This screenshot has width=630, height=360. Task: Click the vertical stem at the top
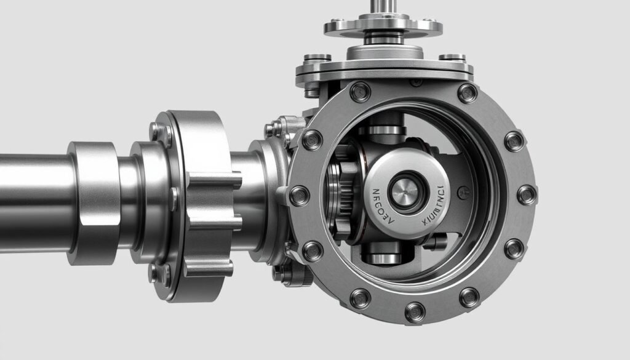384,7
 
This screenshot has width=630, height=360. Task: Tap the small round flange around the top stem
383,26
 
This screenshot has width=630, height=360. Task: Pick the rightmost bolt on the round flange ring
526,195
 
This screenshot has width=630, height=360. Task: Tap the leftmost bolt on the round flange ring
299,196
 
